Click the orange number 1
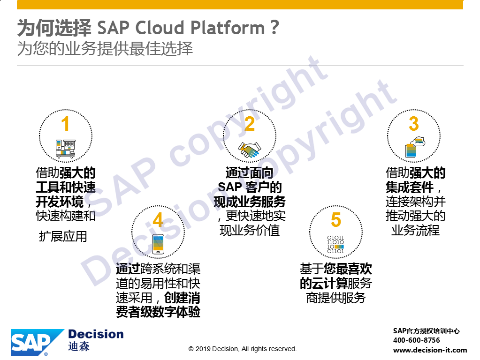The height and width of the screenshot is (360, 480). [x=65, y=124]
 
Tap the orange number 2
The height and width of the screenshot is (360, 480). [x=250, y=124]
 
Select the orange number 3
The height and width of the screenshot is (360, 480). [x=413, y=124]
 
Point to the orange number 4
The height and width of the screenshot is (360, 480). [x=158, y=220]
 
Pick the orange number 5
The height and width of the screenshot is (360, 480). [x=336, y=219]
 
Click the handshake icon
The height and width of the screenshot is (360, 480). [x=250, y=150]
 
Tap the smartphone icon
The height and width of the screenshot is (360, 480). [x=158, y=244]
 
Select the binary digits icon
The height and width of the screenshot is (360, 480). [x=335, y=244]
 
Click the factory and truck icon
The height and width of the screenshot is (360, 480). [x=65, y=149]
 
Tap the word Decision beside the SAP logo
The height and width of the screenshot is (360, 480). [x=96, y=334]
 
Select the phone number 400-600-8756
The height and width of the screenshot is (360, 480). [x=416, y=340]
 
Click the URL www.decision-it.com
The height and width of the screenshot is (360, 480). [x=430, y=350]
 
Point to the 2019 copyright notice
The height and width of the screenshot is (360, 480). [x=243, y=349]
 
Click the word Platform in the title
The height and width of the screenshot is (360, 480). [x=227, y=28]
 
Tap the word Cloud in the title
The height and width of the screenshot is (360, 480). [x=159, y=28]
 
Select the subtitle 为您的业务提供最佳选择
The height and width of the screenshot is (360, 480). [x=105, y=49]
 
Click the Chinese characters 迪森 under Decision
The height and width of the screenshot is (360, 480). [x=79, y=346]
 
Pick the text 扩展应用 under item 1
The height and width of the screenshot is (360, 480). [x=63, y=236]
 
